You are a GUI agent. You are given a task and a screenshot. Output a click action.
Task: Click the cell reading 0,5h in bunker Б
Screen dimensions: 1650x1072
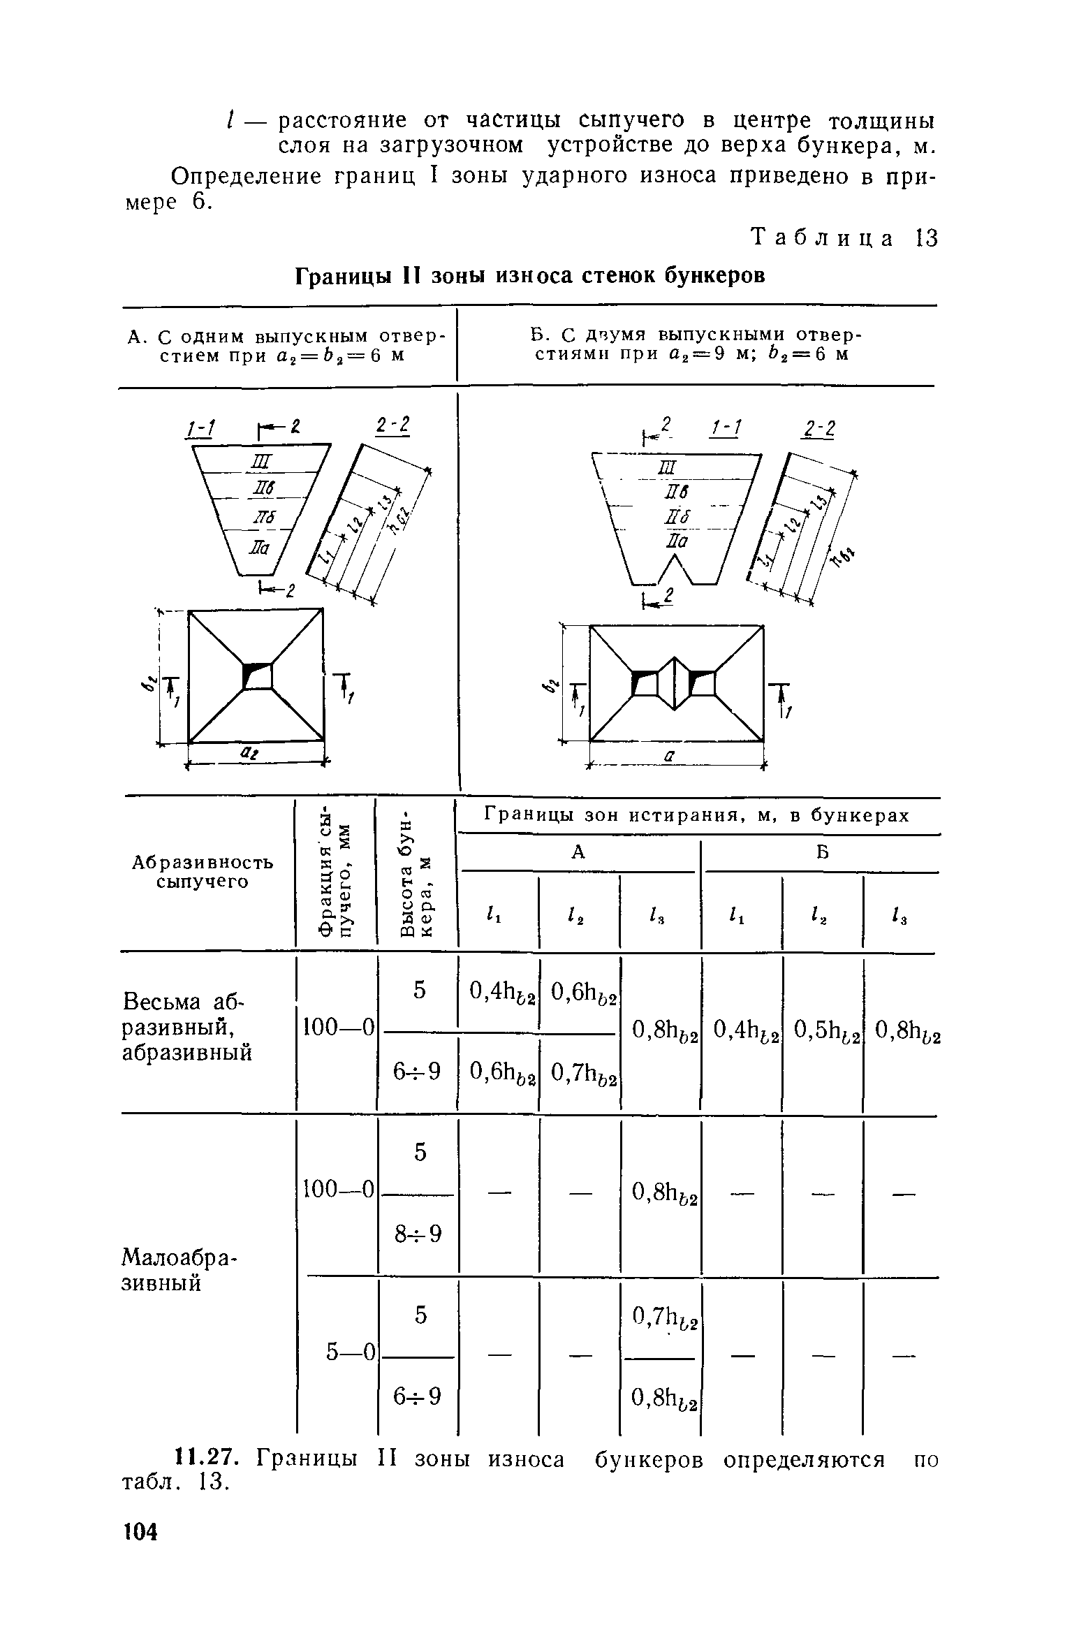(823, 1030)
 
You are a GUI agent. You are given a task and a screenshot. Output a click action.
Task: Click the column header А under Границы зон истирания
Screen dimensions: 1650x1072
(578, 853)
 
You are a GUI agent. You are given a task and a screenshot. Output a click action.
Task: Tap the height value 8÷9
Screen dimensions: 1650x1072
(418, 1235)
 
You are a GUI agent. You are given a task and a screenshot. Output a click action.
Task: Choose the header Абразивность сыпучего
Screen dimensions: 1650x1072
(203, 873)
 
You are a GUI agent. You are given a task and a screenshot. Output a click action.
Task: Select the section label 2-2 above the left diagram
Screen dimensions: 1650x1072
(392, 427)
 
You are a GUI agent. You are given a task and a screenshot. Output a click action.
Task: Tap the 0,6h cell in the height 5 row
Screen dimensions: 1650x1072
(582, 990)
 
